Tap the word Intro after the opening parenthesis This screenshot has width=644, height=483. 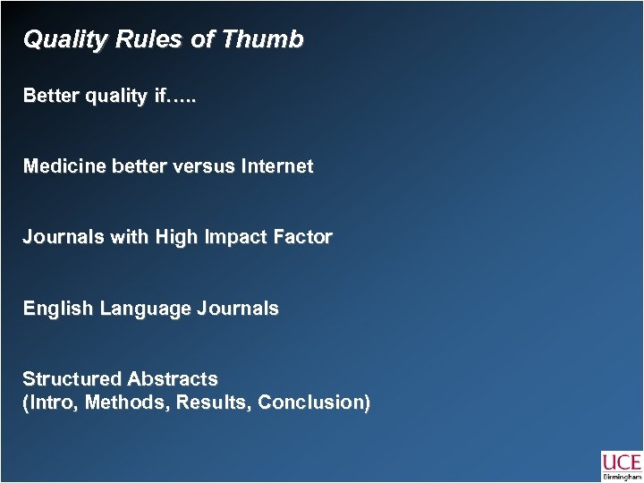(x=50, y=402)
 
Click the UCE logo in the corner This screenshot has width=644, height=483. (x=621, y=465)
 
